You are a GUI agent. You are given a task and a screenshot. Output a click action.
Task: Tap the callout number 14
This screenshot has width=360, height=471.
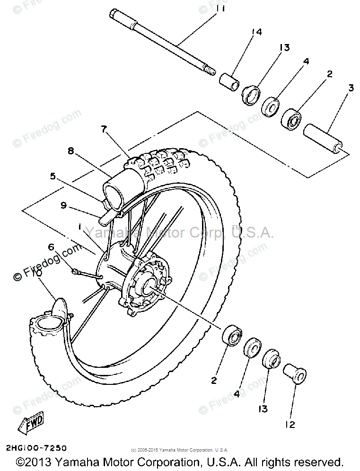[x=257, y=32]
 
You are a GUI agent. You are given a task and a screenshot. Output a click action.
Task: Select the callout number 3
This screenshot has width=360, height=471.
[x=351, y=88]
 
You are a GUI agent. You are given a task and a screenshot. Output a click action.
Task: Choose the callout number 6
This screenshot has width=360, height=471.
[x=51, y=246]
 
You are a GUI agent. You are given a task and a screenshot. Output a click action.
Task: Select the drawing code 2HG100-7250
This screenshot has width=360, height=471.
[x=36, y=448]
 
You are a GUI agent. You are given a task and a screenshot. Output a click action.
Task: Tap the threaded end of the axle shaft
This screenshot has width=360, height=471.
[x=210, y=71]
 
